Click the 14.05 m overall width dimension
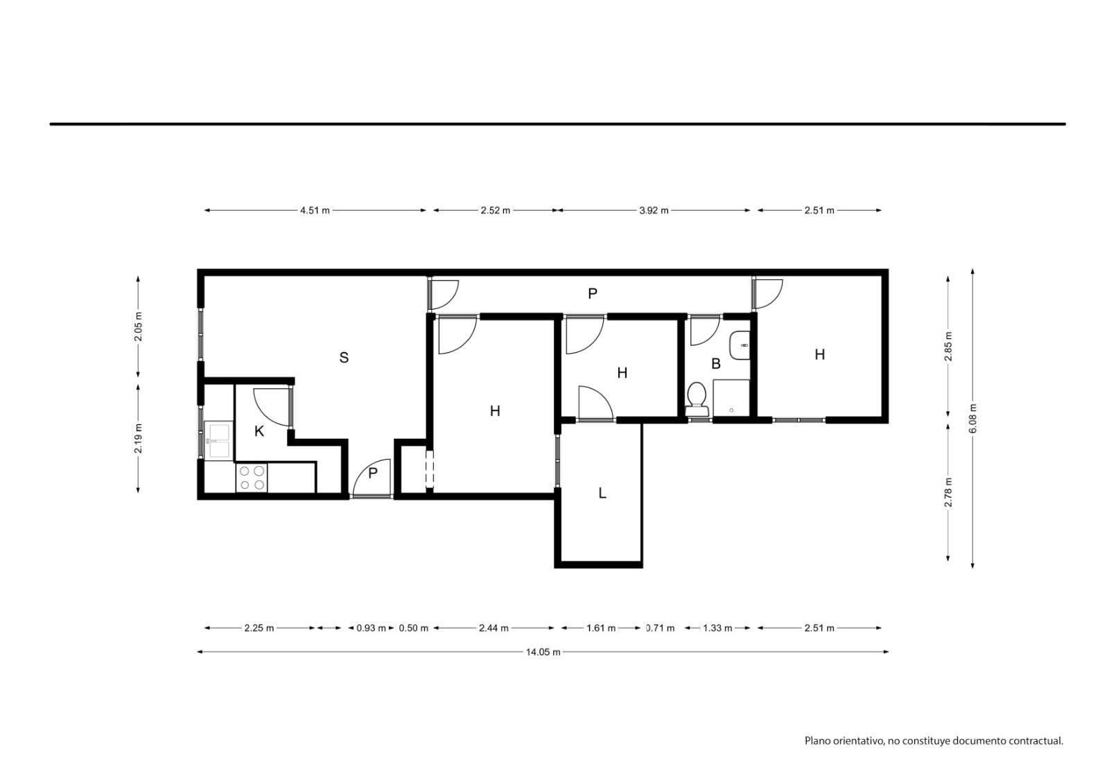[543, 652]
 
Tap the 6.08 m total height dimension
[973, 419]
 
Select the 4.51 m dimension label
[315, 211]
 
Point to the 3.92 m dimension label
[654, 211]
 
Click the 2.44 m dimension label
[494, 628]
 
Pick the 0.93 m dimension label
[371, 628]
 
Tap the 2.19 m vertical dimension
[138, 438]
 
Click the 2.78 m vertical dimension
[948, 491]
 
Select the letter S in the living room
[344, 357]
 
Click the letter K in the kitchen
[259, 431]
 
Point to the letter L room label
[602, 493]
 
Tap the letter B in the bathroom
[716, 363]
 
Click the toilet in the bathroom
[697, 399]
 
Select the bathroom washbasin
[740, 345]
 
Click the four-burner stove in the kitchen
[252, 478]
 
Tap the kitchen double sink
[218, 440]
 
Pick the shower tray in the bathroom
[731, 398]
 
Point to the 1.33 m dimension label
[717, 628]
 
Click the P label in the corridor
[593, 294]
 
